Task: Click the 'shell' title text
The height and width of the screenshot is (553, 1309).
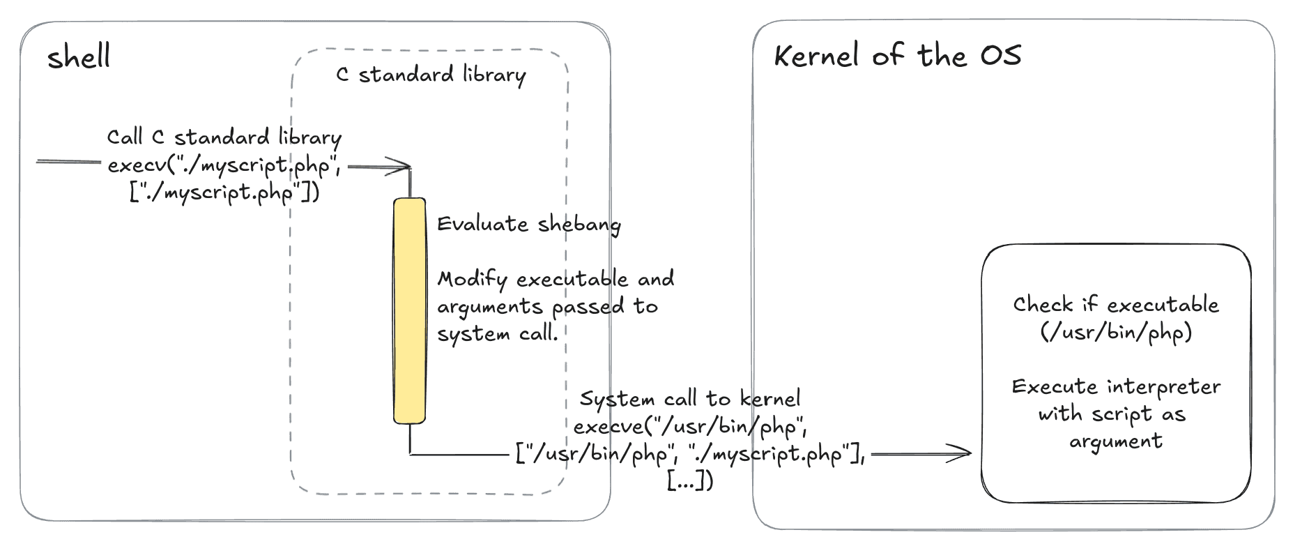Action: point(79,56)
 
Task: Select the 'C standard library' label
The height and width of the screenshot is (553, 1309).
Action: point(431,74)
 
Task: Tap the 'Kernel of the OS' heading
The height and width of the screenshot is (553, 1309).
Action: point(898,55)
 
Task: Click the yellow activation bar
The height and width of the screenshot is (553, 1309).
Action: point(409,311)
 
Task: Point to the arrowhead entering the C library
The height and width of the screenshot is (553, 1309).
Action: point(401,167)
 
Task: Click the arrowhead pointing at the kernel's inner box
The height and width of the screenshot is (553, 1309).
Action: point(960,453)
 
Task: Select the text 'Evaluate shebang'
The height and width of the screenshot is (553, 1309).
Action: point(528,224)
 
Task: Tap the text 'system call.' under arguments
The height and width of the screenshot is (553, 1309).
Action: point(498,333)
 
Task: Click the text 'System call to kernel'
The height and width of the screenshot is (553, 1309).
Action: point(690,399)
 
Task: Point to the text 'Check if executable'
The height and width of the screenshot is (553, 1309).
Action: point(1116,304)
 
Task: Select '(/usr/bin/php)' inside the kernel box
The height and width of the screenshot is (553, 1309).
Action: point(1116,331)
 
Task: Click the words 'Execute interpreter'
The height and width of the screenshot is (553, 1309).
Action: point(1116,386)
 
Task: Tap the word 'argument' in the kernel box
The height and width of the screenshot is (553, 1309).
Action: point(1116,441)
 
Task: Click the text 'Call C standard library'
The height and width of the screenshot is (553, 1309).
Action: point(224,137)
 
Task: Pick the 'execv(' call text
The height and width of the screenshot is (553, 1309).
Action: point(139,165)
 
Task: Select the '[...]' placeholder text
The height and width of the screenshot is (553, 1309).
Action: point(690,480)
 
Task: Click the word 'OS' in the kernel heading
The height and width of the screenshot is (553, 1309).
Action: point(1001,55)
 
